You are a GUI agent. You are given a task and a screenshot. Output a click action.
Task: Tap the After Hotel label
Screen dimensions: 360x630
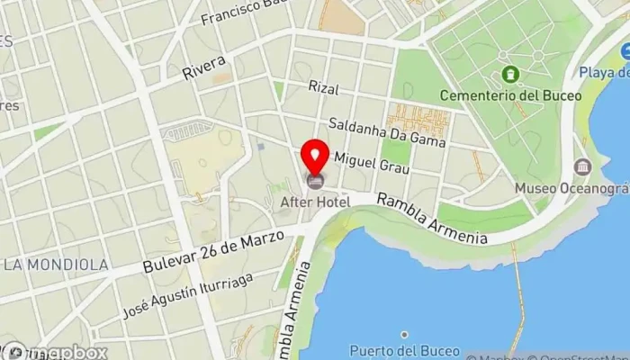(x=315, y=202)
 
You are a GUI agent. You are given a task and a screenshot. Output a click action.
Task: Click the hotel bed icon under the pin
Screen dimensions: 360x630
(x=315, y=182)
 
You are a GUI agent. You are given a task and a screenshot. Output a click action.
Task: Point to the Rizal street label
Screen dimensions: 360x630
(x=322, y=87)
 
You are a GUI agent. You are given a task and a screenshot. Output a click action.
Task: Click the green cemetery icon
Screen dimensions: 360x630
(x=511, y=73)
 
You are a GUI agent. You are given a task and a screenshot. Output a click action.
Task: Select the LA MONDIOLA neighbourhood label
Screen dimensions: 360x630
(x=56, y=265)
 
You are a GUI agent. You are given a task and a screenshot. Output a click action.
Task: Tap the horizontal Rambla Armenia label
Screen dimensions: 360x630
(x=432, y=219)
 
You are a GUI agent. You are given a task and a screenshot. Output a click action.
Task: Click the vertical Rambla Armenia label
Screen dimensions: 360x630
(x=301, y=306)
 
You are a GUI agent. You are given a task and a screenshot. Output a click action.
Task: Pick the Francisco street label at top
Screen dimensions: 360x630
(x=236, y=12)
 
